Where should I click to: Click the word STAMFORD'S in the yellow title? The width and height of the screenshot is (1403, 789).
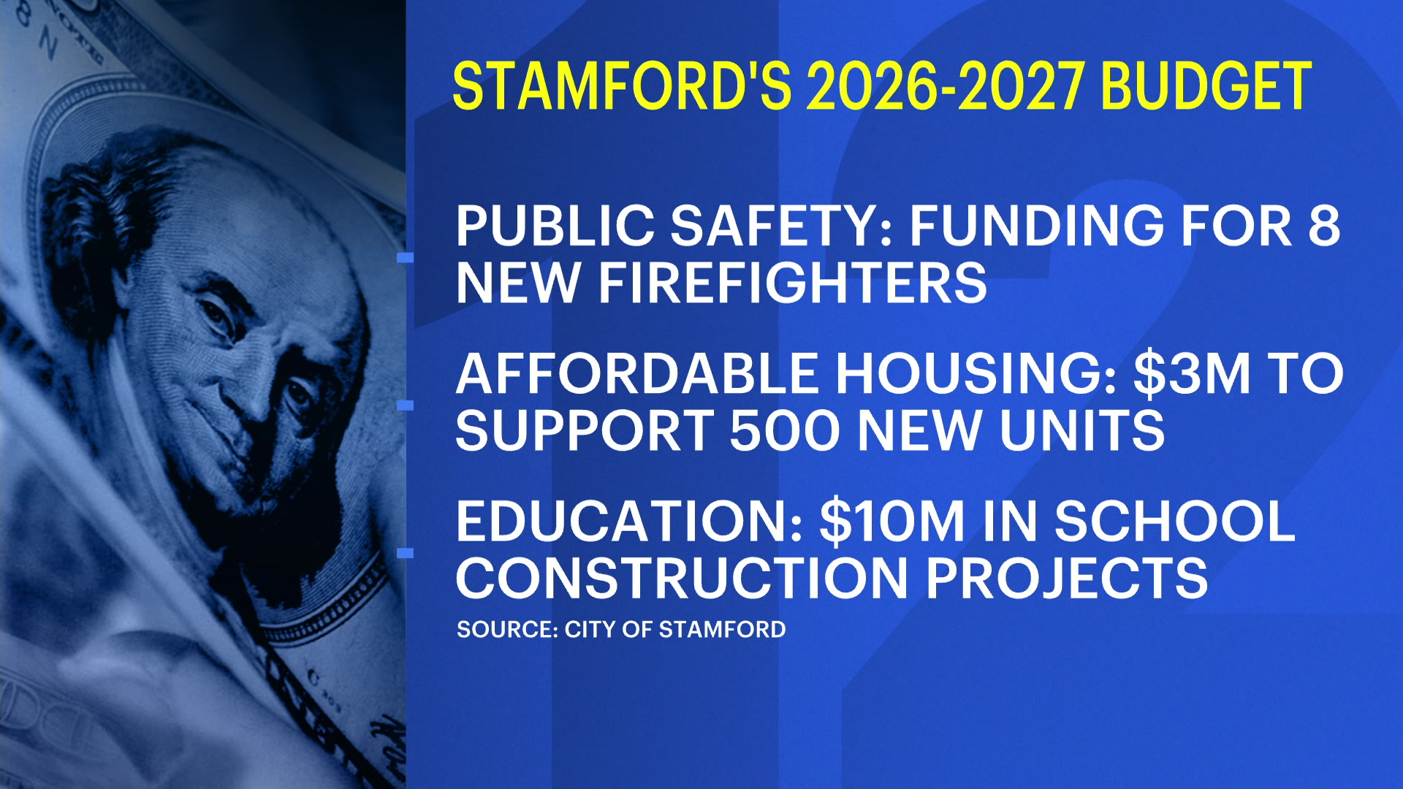622,86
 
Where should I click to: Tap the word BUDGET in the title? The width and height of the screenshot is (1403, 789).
1206,86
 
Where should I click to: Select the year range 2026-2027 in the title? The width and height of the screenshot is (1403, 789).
945,86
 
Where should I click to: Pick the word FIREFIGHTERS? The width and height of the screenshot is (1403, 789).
793,283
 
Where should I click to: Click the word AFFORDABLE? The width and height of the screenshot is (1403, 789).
636,373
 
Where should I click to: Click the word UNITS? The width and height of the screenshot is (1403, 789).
1082,430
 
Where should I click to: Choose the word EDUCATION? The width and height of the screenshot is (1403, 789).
629,522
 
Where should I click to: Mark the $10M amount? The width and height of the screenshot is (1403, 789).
892,522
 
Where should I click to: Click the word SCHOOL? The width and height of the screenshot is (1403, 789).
1175,522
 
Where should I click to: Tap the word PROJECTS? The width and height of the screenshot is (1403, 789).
1067,579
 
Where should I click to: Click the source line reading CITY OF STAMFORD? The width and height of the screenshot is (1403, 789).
675,629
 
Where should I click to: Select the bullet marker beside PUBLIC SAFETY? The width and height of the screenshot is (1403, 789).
405,257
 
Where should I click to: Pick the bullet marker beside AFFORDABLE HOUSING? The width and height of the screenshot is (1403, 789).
405,405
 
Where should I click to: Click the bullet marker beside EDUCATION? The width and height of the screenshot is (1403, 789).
405,553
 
